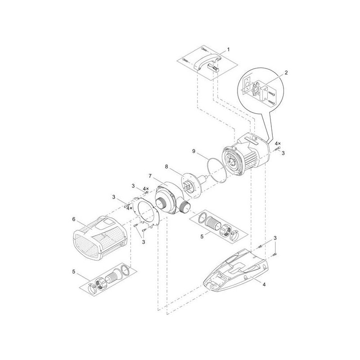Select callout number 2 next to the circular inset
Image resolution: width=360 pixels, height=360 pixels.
[286, 72]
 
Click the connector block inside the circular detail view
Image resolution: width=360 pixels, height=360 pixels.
[261, 90]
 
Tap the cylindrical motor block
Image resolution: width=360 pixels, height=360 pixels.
[243, 155]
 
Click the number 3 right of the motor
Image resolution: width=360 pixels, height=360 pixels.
[283, 153]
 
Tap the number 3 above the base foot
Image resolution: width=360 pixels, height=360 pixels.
[274, 237]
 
